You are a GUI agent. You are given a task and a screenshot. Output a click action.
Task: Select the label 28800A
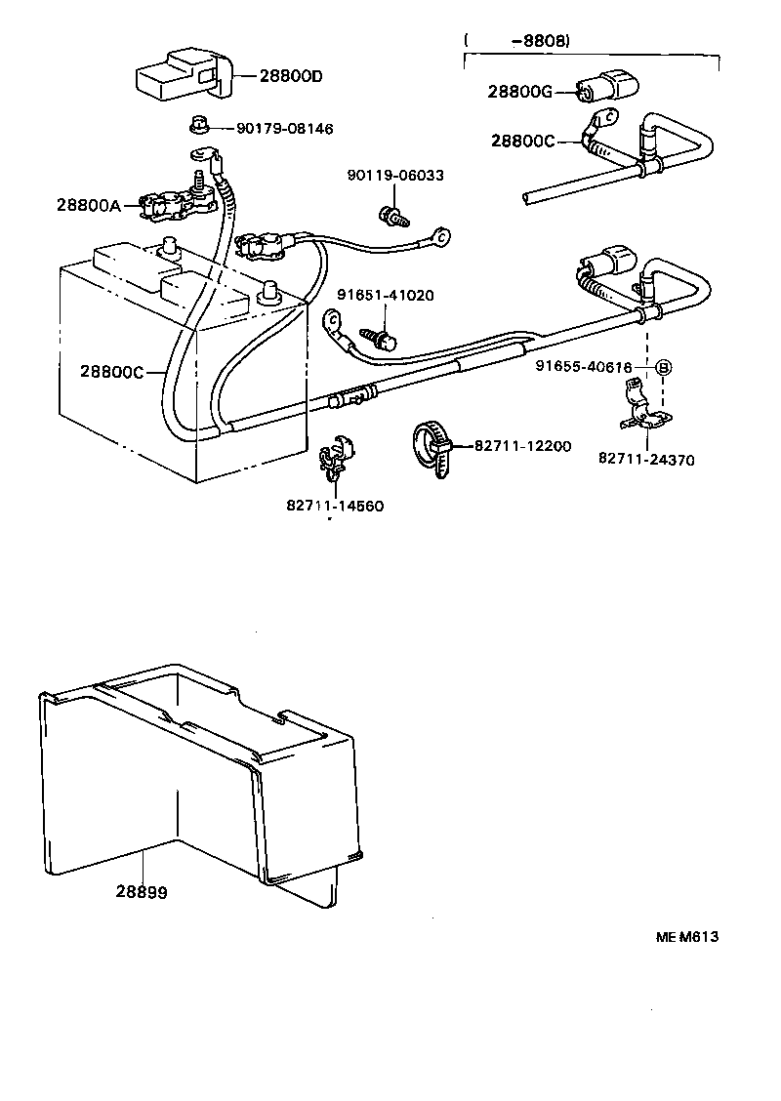(88, 205)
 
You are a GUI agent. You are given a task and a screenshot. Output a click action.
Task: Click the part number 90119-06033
(395, 176)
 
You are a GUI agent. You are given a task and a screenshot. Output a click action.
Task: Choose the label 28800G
(520, 92)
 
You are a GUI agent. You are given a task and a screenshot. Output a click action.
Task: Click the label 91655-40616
(584, 367)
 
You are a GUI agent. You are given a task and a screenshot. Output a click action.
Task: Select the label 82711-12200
(522, 446)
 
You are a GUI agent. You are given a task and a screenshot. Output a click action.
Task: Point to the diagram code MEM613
(686, 936)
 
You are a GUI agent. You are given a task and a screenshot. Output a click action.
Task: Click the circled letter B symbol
(663, 368)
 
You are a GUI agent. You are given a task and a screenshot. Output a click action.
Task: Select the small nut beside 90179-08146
(196, 126)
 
